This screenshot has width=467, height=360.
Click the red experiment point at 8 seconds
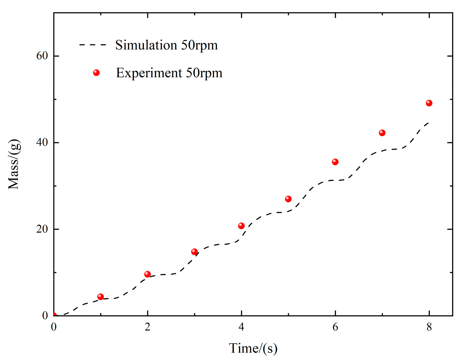[x=429, y=103]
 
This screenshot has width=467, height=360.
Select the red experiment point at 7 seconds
[x=382, y=133]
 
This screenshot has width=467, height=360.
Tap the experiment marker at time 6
[x=335, y=162]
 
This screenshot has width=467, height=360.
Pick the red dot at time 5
[x=288, y=199]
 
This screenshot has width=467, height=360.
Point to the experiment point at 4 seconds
[x=241, y=226]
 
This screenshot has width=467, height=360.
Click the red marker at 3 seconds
[x=194, y=252]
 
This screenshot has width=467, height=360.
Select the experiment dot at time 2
[x=147, y=274]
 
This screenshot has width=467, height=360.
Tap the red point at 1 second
[x=101, y=297]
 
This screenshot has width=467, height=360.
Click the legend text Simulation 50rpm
[x=166, y=45]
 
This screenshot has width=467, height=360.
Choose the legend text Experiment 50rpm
[x=169, y=73]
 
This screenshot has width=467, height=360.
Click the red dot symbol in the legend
[x=97, y=73]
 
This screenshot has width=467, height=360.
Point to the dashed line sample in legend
[x=93, y=45]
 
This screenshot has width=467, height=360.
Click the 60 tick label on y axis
[x=42, y=56]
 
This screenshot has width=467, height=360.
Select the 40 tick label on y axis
[x=42, y=143]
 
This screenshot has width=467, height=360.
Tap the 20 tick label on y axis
[x=42, y=229]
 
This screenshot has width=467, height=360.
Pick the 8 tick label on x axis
[x=429, y=327]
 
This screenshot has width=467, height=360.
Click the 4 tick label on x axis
[x=241, y=327]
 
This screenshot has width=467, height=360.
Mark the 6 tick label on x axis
[x=335, y=327]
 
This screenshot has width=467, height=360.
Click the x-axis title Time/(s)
[x=253, y=348]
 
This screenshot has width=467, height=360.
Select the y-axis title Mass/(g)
[x=14, y=164]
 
